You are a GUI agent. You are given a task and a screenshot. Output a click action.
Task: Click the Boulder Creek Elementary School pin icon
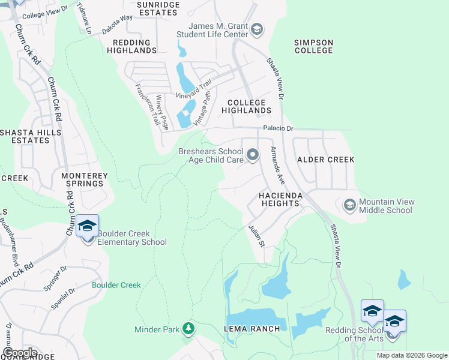click(x=88, y=227)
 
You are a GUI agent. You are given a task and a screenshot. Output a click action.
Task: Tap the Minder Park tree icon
click(x=188, y=328)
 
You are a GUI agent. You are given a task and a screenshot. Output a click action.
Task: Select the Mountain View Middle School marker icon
click(x=349, y=206)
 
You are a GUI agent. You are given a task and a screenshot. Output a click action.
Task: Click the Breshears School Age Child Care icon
click(x=253, y=156)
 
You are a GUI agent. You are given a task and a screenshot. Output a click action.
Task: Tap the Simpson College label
click(x=313, y=46)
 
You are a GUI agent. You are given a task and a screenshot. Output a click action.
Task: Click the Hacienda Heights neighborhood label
click(x=279, y=200)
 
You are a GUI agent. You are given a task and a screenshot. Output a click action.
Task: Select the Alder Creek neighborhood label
click(x=326, y=160)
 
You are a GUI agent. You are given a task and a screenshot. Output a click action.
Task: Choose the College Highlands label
click(x=246, y=107)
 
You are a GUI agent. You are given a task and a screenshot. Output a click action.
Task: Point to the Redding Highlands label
click(x=131, y=46)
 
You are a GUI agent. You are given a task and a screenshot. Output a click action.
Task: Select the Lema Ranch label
click(x=252, y=329)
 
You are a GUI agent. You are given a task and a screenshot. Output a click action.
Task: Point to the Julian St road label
click(x=257, y=236)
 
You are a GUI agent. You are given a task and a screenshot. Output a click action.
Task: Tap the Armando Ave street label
click(x=277, y=164)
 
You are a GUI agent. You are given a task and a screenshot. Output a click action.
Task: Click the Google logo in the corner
click(x=20, y=353)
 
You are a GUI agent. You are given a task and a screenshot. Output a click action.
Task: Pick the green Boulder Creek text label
click(x=116, y=285)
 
